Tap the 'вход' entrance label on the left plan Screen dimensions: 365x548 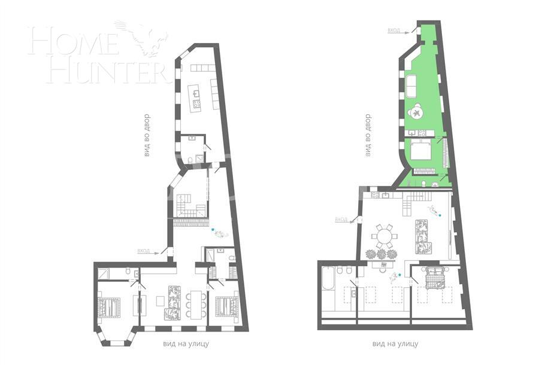[144, 251]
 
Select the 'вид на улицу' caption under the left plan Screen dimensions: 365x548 [186, 344]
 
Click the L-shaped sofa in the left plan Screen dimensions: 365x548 [172, 302]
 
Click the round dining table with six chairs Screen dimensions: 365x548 [383, 236]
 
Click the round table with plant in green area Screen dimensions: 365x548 [417, 112]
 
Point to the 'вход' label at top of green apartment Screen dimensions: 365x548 [393, 30]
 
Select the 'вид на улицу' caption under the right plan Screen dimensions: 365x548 [395, 344]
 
